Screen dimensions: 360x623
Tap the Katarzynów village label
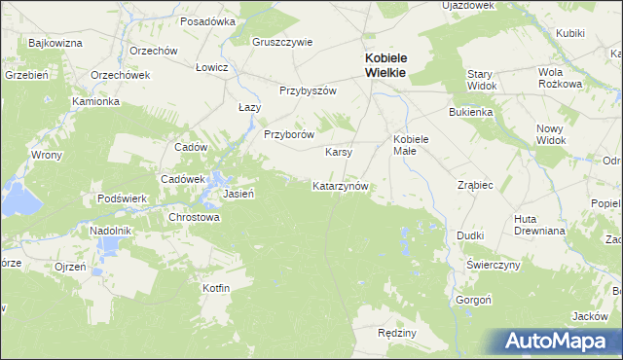click(x=339, y=186)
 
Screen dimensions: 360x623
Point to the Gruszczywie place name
click(x=282, y=42)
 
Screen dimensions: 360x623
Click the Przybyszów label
click(x=308, y=90)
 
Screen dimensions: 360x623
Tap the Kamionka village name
click(x=95, y=101)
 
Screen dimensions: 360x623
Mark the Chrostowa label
click(x=195, y=218)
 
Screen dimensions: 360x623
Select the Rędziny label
click(x=396, y=333)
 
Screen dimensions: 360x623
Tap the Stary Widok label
click(x=482, y=80)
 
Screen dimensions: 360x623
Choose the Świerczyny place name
click(x=494, y=265)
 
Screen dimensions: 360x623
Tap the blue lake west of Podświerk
click(x=17, y=198)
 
